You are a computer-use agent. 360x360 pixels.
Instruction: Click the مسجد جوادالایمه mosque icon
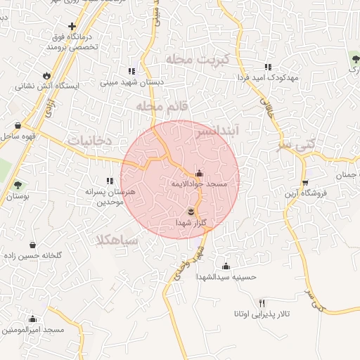pos(199,173)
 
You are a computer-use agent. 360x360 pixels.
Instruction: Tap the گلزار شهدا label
pos(191,223)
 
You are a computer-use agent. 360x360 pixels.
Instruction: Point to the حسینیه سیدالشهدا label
pos(226,277)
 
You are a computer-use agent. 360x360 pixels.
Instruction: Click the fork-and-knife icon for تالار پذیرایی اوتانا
pos(262,302)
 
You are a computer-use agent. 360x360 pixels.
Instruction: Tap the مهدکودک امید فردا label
pos(267,77)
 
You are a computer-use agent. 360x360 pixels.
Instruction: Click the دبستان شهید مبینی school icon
pos(131,71)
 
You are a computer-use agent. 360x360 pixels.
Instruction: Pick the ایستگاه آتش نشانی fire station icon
pos(46,75)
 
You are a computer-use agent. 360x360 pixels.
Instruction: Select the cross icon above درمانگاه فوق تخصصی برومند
pos(72,26)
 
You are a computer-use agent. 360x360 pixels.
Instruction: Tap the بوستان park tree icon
pos(18,186)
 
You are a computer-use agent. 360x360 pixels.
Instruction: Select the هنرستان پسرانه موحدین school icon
pos(109,181)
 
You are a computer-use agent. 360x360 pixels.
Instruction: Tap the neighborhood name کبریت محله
pos(189,59)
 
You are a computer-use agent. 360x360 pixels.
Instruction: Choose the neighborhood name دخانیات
pos(90,141)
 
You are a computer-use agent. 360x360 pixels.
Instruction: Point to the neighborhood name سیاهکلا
pos(118,240)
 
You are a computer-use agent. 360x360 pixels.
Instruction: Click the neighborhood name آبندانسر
pos(218,131)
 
